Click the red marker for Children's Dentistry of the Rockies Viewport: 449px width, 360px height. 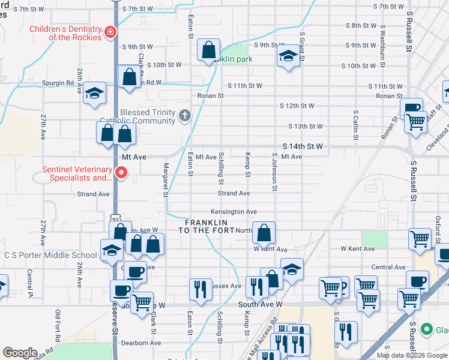coord(110,32)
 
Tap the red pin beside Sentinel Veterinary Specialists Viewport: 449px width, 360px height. coord(121,173)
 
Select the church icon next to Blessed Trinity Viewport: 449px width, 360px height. coord(185,116)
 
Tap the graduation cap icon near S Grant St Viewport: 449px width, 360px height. coord(288,57)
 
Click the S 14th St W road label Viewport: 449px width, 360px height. coord(303,146)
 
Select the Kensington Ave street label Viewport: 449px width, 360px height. coord(234,212)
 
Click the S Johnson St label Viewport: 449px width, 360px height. coord(274,172)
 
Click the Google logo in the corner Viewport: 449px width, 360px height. coord(19,353)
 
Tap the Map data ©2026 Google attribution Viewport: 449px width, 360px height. coord(412,355)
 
